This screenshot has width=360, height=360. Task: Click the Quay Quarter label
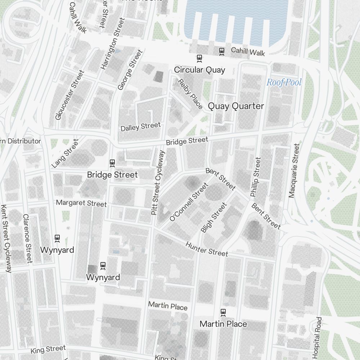(236, 106)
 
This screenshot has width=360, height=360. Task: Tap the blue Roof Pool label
(284, 82)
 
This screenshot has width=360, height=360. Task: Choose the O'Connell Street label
(189, 202)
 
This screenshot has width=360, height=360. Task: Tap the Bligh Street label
(214, 217)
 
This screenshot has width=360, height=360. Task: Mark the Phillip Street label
(255, 177)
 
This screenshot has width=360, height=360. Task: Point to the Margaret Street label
(81, 203)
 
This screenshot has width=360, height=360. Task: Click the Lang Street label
(65, 154)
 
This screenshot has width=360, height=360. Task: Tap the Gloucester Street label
(69, 95)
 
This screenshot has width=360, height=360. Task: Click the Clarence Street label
(27, 238)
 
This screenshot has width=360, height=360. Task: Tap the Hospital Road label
(317, 338)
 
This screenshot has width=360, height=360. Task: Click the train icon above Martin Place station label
(223, 312)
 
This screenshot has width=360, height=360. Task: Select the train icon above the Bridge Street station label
(112, 163)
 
